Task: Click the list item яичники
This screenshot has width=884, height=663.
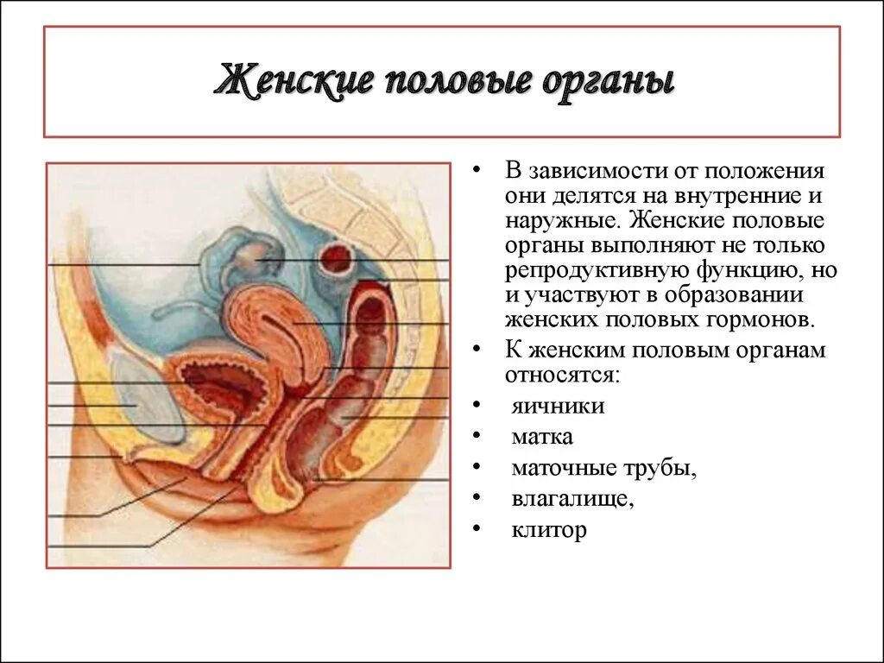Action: (558, 406)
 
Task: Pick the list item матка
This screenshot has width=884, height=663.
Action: (542, 437)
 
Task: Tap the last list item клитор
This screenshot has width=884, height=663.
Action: (549, 529)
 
